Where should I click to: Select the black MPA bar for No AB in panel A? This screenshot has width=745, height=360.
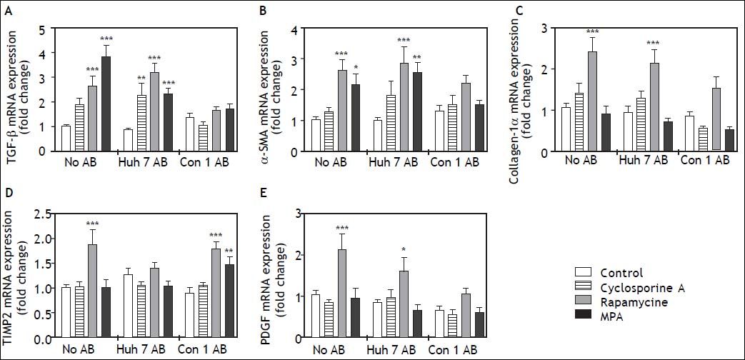tap(106, 104)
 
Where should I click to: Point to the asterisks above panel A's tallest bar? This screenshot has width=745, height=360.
tap(106, 39)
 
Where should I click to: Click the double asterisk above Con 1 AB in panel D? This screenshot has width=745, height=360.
tap(230, 250)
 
